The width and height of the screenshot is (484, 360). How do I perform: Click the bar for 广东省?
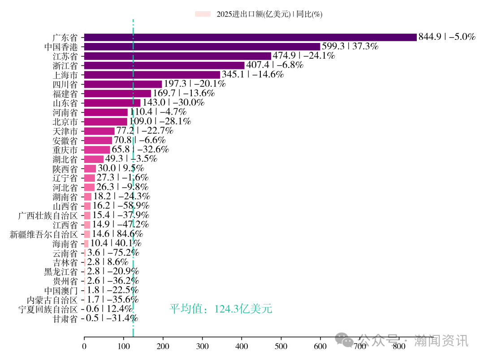(x=250, y=37)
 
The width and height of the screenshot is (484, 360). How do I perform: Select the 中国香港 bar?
(x=202, y=47)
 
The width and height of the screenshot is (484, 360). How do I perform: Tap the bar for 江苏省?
(x=177, y=56)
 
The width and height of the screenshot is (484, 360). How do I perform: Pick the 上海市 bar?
(x=152, y=75)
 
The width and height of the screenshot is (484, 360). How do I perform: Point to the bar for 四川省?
(x=123, y=84)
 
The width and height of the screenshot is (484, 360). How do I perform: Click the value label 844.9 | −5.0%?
(x=446, y=37)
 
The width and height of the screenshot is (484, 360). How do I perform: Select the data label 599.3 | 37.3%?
(x=350, y=47)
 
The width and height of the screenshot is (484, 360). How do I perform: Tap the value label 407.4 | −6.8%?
(x=275, y=65)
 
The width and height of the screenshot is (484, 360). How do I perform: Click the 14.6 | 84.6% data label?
(x=117, y=234)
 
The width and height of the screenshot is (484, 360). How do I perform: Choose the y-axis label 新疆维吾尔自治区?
(x=43, y=234)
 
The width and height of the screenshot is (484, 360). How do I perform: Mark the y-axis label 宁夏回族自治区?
(x=48, y=309)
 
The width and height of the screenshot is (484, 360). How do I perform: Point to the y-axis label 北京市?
(x=65, y=122)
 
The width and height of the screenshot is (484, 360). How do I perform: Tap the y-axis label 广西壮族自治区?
(x=48, y=215)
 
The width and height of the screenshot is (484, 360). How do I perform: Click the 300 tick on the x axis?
(x=202, y=346)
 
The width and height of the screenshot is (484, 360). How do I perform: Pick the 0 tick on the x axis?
(x=84, y=346)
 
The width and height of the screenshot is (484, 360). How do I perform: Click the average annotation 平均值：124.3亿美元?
(x=220, y=309)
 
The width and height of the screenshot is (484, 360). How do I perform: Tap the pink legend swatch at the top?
(x=203, y=14)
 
